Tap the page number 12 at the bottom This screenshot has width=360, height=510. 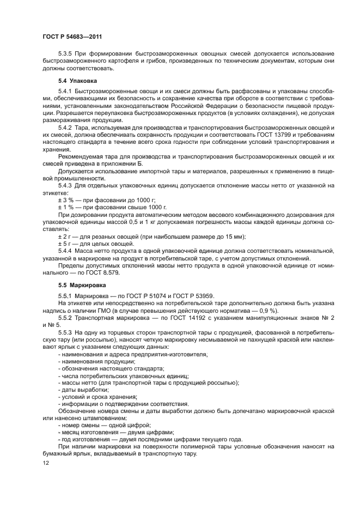[45, 463]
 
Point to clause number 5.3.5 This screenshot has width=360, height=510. [66, 53]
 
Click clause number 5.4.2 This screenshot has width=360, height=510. [66, 127]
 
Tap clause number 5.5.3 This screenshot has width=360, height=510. [66, 331]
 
